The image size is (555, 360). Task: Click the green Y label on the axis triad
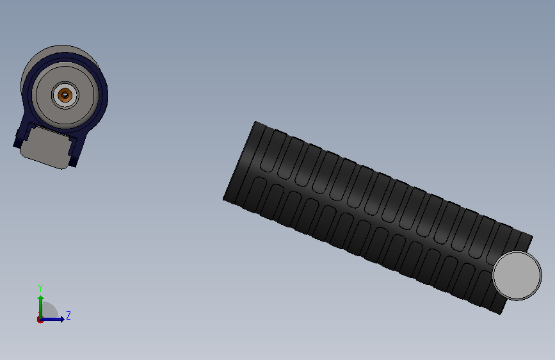tap(40, 288)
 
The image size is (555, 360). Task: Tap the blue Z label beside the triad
tap(68, 315)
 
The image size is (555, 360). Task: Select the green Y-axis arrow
tap(41, 307)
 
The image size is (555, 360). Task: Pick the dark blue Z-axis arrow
tap(52, 319)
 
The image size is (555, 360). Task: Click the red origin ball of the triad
tap(40, 320)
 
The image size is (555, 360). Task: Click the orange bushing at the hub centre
tap(65, 95)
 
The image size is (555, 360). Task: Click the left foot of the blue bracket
tap(17, 142)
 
